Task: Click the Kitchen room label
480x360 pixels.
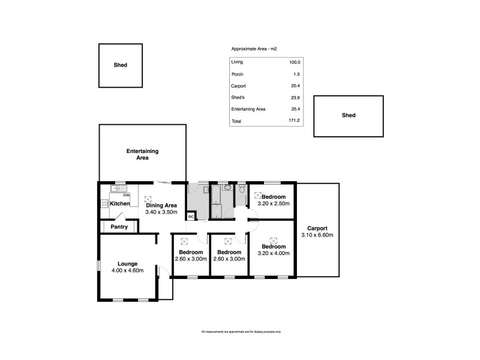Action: tap(119, 204)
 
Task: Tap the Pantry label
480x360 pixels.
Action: tap(119, 227)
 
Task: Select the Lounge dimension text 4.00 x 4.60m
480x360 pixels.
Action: tap(128, 271)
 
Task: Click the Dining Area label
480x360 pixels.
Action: tap(161, 205)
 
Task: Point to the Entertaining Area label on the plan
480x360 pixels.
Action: tap(142, 154)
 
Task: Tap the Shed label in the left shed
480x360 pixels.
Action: tap(121, 65)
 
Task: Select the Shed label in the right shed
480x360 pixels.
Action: tap(348, 115)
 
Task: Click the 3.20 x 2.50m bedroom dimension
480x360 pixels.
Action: tap(273, 204)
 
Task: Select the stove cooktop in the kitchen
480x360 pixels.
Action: tap(104, 204)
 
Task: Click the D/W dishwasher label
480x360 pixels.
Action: tap(126, 196)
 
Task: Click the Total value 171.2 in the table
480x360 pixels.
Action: tap(293, 121)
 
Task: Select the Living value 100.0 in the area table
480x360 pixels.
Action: tap(294, 62)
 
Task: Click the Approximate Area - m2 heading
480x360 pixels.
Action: tap(254, 49)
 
